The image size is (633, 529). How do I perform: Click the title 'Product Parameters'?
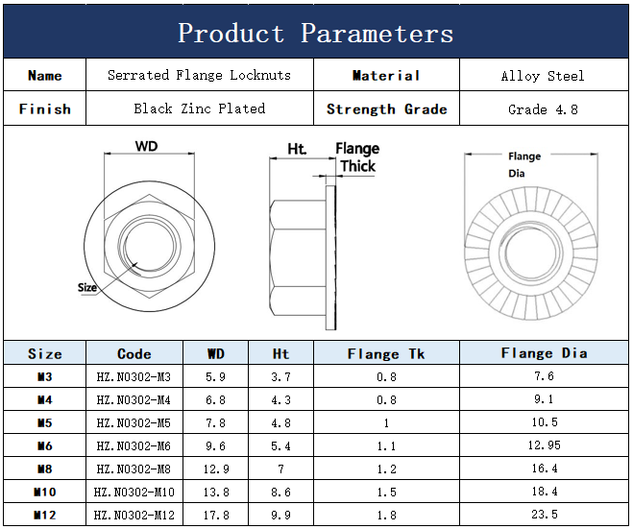tap(316, 33)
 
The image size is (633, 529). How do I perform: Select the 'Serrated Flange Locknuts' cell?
tap(200, 76)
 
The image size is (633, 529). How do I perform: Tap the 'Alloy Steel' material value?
tap(543, 76)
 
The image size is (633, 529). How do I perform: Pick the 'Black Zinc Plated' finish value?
tap(200, 108)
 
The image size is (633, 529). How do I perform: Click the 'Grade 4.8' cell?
tap(543, 109)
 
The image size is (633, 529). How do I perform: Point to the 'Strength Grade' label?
tap(387, 109)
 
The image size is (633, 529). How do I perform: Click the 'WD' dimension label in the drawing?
tap(147, 146)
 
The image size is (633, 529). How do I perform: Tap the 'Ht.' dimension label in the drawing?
tap(297, 149)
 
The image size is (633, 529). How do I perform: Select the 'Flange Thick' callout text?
tap(357, 157)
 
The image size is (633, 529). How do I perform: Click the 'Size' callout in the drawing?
tap(87, 287)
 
